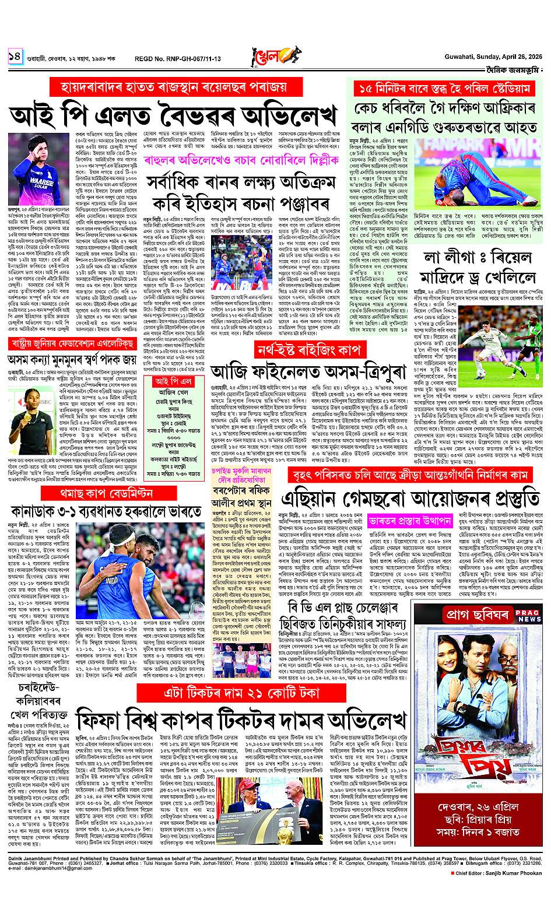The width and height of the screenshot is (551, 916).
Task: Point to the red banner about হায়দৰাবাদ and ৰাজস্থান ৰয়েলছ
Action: [176, 87]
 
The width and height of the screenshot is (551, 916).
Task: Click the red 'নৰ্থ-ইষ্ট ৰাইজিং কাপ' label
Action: [313, 350]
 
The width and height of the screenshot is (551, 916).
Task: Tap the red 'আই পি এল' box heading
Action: [174, 381]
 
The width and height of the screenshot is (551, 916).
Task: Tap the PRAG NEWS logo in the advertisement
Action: [528, 615]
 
